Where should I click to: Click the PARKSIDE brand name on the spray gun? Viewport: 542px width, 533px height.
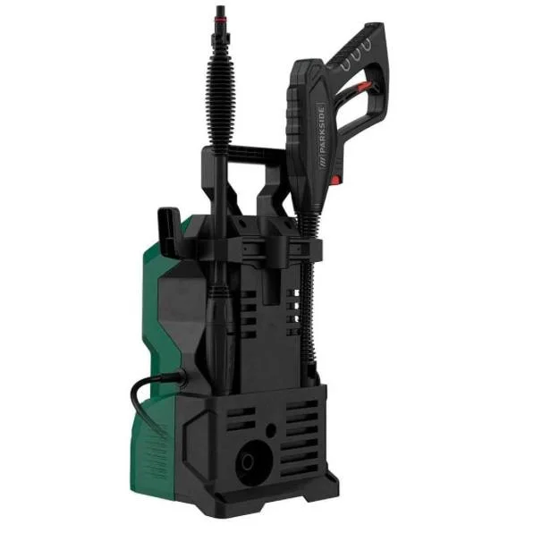click(x=322, y=130)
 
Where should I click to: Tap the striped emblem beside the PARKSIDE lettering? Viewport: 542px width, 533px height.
click(x=323, y=163)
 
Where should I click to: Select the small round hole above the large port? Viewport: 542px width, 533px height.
click(x=271, y=430)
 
